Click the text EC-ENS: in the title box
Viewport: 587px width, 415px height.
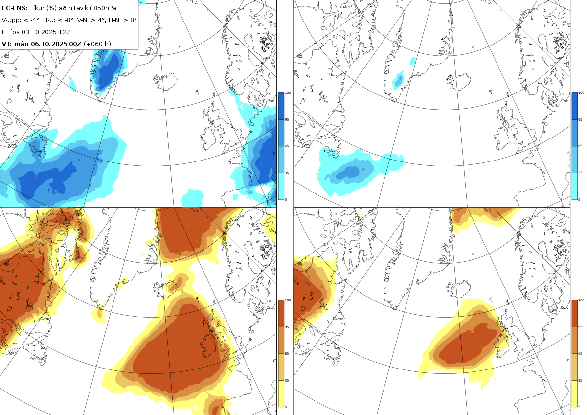point(15,8)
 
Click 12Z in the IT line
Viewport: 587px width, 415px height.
point(65,32)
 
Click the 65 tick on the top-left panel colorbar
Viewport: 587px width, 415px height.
point(288,146)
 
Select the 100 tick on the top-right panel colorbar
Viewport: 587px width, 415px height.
point(581,92)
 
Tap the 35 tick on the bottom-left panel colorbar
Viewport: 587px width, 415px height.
point(288,380)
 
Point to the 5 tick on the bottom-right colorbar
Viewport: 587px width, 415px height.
point(580,407)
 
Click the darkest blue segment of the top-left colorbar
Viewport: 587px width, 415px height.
point(281,106)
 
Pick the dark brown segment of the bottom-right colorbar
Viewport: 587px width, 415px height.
point(575,313)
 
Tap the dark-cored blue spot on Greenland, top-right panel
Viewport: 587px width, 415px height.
point(399,79)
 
